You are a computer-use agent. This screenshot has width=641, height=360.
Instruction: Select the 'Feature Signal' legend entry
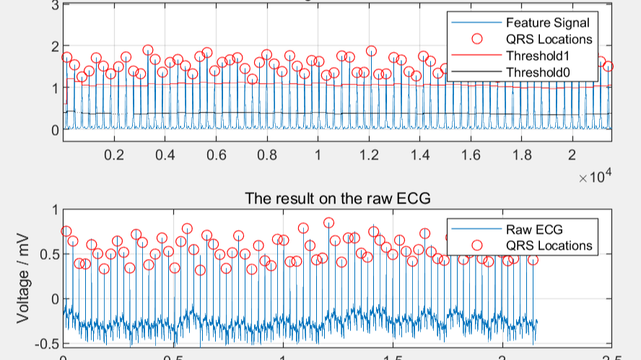(x=547, y=22)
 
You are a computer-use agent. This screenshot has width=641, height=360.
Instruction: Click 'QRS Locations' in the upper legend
(x=549, y=39)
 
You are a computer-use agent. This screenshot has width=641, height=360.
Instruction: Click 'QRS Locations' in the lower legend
(x=549, y=245)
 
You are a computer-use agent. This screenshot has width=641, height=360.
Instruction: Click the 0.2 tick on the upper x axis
(x=114, y=154)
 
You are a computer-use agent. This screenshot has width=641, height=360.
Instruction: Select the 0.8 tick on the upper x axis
(x=267, y=154)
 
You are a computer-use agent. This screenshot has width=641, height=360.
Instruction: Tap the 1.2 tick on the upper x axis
(x=369, y=154)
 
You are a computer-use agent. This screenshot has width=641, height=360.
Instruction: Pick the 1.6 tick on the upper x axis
(x=471, y=154)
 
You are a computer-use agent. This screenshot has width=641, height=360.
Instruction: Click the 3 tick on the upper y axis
(x=55, y=5)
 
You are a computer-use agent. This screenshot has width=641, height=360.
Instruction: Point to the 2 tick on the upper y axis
(x=55, y=46)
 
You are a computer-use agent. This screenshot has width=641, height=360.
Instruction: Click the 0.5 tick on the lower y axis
(x=49, y=254)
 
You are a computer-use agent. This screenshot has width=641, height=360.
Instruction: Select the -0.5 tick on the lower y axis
(x=47, y=342)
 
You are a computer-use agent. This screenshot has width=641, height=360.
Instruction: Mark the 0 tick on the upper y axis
(x=55, y=130)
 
